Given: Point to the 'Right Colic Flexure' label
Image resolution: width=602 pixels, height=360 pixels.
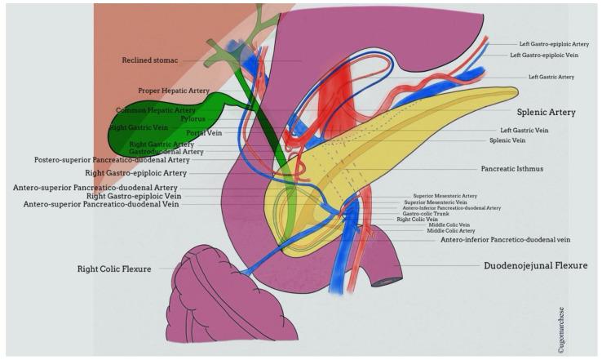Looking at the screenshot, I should tap(114, 268).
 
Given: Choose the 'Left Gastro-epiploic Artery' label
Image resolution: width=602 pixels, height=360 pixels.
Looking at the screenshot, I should tap(554, 44).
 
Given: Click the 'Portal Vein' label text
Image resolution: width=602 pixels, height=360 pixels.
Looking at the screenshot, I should tap(204, 131).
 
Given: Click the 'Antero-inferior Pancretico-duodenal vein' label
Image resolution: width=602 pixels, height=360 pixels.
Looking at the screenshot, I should tap(505, 239).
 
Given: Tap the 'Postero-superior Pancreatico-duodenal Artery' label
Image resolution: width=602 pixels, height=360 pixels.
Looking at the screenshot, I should tap(110, 159).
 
